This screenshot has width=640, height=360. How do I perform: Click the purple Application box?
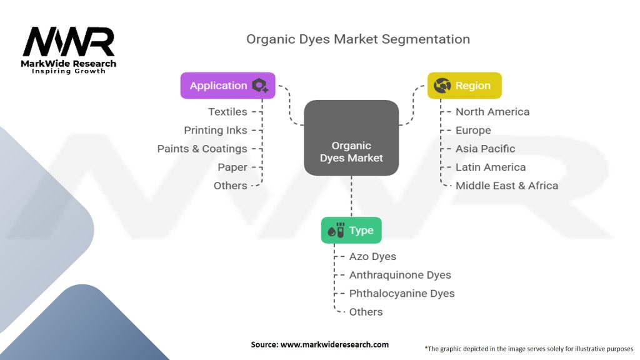227,86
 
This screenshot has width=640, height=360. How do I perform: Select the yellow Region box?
464,86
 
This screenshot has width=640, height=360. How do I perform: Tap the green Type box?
351,230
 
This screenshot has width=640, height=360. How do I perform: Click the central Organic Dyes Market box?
351,138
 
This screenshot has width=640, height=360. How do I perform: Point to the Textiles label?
227,112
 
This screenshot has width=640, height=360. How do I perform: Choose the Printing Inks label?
216,130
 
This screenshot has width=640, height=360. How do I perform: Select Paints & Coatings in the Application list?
202,149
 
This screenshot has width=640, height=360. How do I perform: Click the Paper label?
232,167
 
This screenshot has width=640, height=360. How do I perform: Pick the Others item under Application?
230,186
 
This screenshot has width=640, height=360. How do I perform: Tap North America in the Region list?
492,112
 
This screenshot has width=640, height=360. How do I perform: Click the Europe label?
473,130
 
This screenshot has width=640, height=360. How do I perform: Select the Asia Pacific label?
485,149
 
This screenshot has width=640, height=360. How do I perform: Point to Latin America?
491,167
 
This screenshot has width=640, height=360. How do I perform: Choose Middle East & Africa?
506,186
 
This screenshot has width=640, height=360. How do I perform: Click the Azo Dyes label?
372,257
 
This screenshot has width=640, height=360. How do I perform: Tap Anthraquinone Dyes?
400,275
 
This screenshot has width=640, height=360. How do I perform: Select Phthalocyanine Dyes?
402,294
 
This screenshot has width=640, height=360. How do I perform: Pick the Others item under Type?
366,312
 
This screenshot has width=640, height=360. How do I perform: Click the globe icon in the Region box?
442,86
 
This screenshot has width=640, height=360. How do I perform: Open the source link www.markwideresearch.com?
334,344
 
